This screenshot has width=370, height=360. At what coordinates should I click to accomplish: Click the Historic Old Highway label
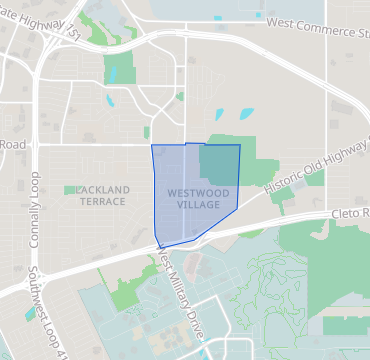pyautogui.click(x=316, y=165)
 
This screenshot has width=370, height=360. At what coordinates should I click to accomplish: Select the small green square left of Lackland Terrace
pyautogui.click(x=70, y=189)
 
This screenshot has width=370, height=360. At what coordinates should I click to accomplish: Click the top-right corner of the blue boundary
pyautogui.click(x=240, y=146)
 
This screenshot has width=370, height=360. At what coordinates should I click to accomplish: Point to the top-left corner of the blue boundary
pyautogui.click(x=152, y=146)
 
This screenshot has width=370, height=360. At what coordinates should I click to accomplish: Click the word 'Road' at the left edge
pyautogui.click(x=12, y=144)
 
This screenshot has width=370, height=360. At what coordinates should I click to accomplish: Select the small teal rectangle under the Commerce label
pyautogui.click(x=261, y=16)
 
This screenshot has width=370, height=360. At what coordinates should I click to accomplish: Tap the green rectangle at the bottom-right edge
pyautogui.click(x=345, y=325)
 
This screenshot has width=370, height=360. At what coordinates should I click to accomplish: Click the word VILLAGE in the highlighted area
pyautogui.click(x=197, y=204)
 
